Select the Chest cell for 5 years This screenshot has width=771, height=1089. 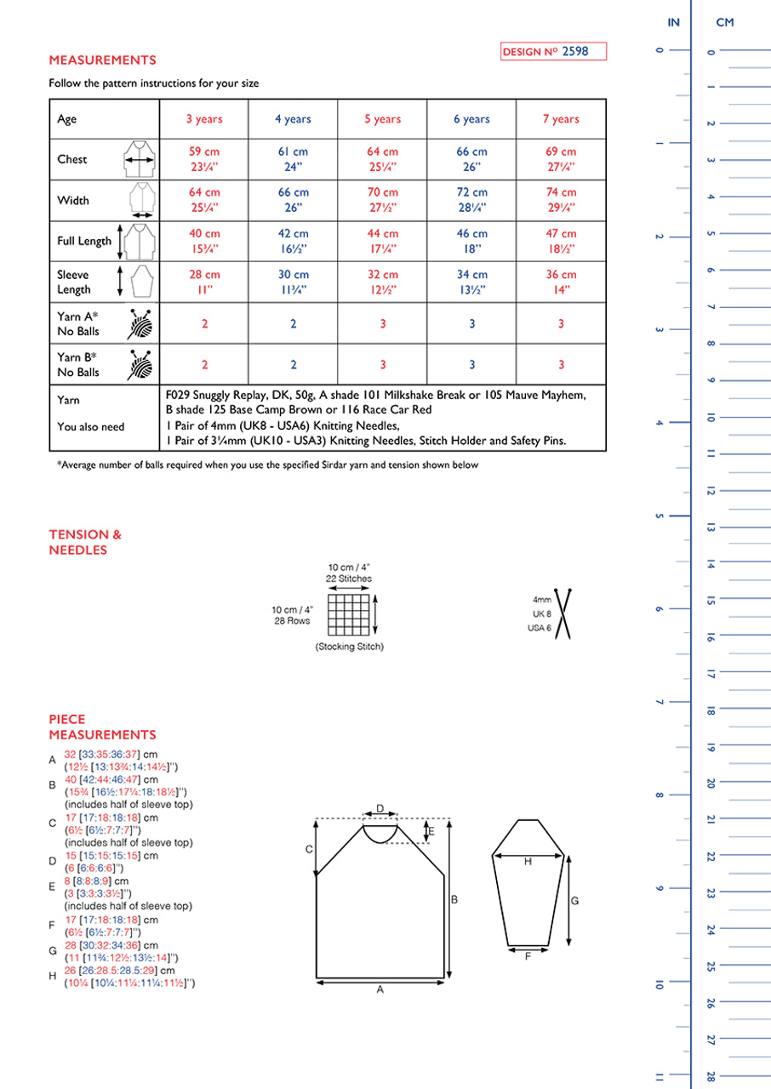[383, 159]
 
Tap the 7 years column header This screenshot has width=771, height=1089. [561, 119]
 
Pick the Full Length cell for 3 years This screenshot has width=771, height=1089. [204, 241]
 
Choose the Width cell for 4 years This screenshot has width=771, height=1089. [294, 200]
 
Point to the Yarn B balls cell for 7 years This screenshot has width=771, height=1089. [561, 364]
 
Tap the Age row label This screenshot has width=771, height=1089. [67, 119]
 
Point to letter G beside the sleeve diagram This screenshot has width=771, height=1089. [575, 899]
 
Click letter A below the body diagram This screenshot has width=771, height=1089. [380, 990]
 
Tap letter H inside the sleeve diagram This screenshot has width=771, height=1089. [528, 862]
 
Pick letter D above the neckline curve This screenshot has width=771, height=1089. [380, 808]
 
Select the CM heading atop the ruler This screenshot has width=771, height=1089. [724, 23]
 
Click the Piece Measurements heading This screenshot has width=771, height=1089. [102, 727]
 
